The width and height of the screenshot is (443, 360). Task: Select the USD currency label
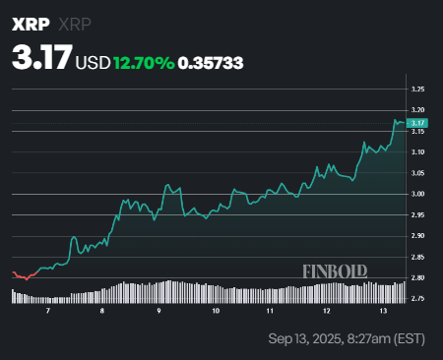[94, 62]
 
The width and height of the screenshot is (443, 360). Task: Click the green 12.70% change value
[143, 62]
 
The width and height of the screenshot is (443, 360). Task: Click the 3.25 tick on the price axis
[418, 89]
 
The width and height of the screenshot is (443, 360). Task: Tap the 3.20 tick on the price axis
[418, 109]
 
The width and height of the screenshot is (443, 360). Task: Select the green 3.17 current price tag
[418, 122]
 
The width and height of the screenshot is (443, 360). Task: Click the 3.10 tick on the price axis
[418, 151]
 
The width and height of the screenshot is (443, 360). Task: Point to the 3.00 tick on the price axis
[418, 194]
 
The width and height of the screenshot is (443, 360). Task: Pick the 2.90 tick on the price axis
[418, 236]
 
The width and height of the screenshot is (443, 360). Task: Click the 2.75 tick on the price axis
[418, 298]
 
